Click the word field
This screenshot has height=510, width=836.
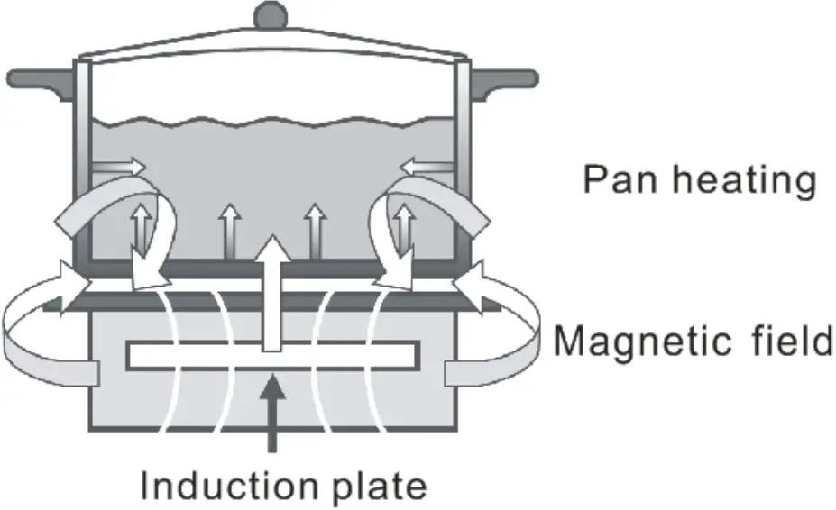[788, 342]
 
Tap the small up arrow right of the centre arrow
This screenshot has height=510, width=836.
[314, 230]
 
